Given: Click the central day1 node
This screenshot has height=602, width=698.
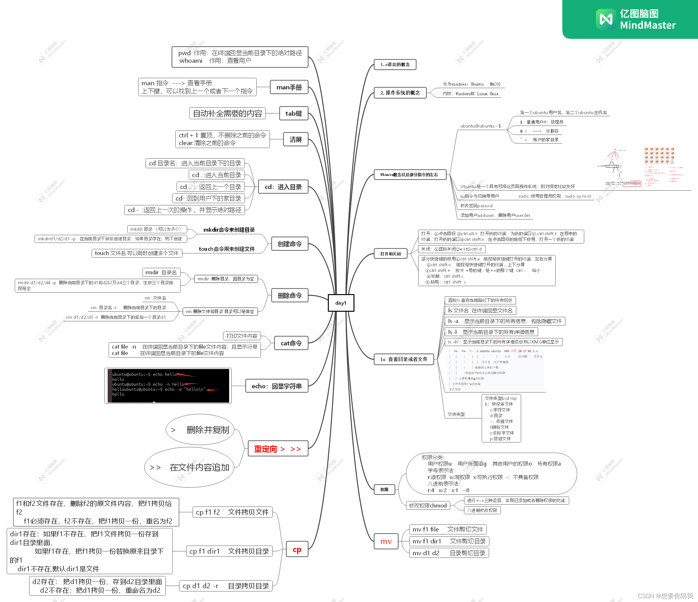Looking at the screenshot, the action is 341,303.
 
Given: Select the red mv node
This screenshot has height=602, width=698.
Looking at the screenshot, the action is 386,541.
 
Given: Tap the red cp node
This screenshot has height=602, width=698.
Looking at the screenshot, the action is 297,549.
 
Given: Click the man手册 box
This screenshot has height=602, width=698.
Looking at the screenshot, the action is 289,87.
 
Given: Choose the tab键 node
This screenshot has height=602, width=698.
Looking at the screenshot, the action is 294,113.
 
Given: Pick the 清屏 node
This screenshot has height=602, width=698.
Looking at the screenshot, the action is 295,139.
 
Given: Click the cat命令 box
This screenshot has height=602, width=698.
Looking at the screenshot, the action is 291,343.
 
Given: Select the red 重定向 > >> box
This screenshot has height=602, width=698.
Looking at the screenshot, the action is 278,449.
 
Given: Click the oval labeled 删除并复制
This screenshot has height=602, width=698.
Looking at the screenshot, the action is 200,430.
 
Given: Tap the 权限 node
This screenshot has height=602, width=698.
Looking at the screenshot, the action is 384,490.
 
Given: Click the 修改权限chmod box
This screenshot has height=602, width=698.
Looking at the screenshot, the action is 428,505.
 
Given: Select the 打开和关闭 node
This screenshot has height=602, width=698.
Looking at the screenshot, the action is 390,253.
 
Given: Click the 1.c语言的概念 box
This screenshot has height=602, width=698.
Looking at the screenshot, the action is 395,64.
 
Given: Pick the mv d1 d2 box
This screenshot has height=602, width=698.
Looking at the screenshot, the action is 448,553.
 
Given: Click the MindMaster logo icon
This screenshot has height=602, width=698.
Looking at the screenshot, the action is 606,19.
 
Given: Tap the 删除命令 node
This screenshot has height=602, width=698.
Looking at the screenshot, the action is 289,296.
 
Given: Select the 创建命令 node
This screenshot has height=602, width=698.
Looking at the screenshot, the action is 289,244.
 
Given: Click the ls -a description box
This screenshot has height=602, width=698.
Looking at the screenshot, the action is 505,321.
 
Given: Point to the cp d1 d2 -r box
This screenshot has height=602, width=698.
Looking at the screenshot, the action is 225,586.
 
